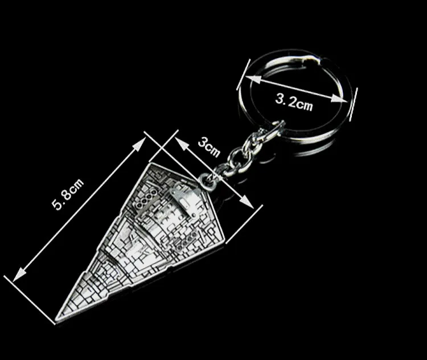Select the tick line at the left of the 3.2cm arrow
[241, 73]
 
